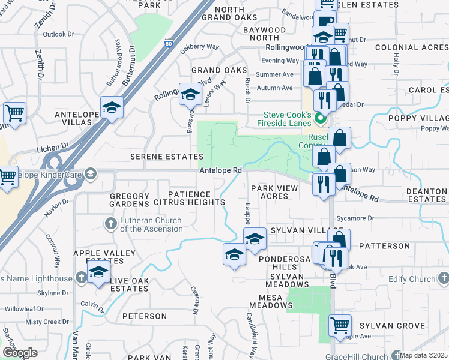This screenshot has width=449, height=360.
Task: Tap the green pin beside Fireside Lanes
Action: pos(321,119)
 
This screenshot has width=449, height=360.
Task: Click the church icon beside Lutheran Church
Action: pos(110,224)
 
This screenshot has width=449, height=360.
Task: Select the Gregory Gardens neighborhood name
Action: pos(129,200)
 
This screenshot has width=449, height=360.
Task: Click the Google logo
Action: pos(19,353)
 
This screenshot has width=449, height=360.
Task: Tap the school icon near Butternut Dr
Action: pos(112,107)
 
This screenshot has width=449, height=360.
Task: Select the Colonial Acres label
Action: pos(411,47)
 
